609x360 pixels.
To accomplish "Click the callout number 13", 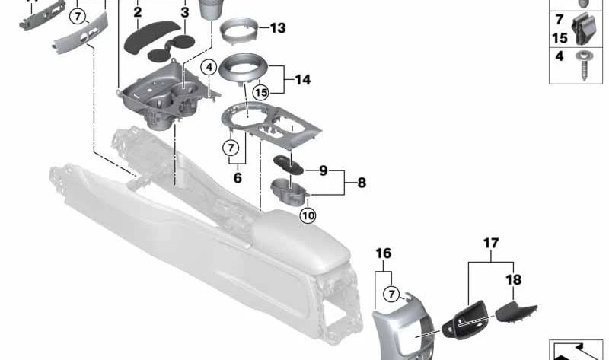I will tap(277, 29).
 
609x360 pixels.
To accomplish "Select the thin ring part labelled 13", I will tap(238, 33).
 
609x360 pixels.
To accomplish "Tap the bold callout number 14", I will tap(303, 78).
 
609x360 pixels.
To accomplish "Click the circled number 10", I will tap(308, 215).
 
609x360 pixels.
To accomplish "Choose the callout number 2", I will tap(137, 12).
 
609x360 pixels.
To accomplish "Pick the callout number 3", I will tap(184, 12).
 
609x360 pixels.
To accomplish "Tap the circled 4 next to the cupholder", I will tap(208, 68).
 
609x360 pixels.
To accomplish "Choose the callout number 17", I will tap(491, 244).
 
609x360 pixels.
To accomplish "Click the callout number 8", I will tap(361, 183).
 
